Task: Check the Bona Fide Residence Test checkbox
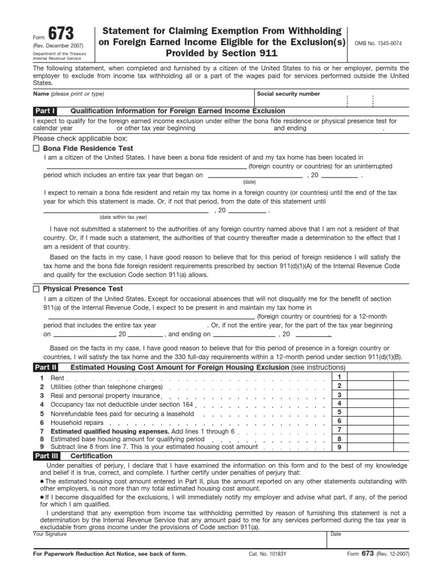point(37,148)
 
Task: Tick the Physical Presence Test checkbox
point(37,289)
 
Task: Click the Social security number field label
point(288,94)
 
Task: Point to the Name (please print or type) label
point(68,94)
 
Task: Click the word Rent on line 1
point(57,378)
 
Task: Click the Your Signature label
point(50,534)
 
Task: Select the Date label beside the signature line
point(336,534)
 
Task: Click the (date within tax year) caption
point(123,217)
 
